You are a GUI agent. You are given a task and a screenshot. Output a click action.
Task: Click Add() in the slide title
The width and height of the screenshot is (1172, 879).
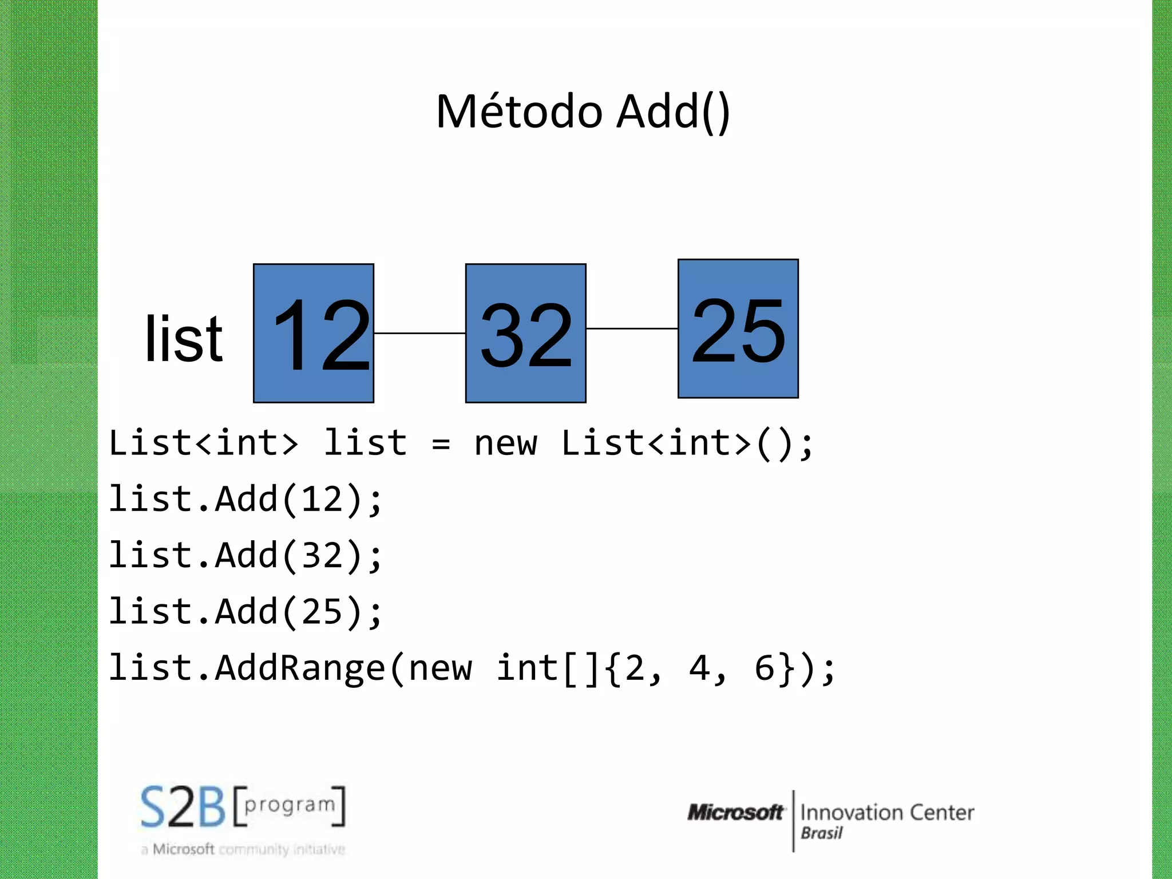[673, 112]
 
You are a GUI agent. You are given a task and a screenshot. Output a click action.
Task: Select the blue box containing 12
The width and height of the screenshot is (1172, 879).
[314, 333]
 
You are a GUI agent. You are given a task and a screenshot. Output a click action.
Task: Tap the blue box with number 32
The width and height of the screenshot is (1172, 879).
[525, 333]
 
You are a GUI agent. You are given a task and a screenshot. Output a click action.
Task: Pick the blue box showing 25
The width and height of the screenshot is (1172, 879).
[738, 328]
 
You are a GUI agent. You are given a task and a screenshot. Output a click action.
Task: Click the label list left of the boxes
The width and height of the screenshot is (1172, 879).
[183, 340]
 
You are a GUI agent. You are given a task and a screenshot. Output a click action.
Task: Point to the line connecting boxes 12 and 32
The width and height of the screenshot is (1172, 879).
[419, 333]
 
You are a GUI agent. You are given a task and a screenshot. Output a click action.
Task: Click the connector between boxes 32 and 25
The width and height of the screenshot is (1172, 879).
[632, 328]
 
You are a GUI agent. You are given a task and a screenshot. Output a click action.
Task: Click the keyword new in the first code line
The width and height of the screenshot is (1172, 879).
[505, 444]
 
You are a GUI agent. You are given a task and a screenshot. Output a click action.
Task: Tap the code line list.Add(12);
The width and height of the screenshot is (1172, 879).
[245, 499]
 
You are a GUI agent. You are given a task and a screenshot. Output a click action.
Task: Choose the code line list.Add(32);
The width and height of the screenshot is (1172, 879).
[245, 555]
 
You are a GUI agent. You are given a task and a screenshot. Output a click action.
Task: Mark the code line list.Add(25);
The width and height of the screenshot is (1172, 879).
[245, 611]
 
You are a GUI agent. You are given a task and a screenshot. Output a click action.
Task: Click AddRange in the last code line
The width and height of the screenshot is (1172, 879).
[300, 668]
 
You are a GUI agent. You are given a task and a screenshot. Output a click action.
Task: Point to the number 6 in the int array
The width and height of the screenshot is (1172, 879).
[764, 668]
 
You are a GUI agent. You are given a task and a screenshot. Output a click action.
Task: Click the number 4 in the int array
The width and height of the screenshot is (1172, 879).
[699, 668]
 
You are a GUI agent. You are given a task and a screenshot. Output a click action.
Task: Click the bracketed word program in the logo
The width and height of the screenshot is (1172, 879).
[290, 805]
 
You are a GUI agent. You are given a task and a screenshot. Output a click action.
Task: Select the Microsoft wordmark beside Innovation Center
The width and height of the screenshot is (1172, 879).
[735, 812]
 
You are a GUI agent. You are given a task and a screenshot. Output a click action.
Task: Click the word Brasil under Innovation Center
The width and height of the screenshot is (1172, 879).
[821, 833]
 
